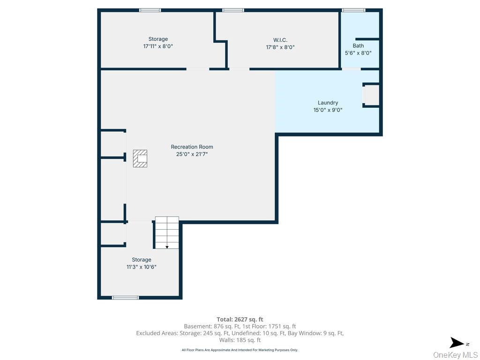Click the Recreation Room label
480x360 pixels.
tap(192, 147)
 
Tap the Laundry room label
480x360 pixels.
tap(328, 103)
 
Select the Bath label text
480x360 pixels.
tap(358, 45)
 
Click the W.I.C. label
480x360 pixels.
tap(280, 39)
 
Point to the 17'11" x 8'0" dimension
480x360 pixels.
tap(158, 46)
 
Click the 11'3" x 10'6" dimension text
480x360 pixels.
tap(141, 267)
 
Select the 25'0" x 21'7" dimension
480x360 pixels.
tap(192, 154)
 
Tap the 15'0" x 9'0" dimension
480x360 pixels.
tap(328, 110)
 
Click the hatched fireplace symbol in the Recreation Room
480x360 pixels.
tap(140, 158)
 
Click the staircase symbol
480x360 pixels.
tap(167, 231)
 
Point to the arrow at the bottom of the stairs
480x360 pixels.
tap(167, 247)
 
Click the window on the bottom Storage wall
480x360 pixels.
tap(125, 297)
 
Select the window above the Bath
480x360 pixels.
tap(353, 10)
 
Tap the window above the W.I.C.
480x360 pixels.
tap(233, 10)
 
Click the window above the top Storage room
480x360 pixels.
tap(150, 10)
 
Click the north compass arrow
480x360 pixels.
tap(457, 343)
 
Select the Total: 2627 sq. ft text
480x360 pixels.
tap(240, 319)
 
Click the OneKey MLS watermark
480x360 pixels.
tap(455, 355)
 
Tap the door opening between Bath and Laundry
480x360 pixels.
tap(351, 69)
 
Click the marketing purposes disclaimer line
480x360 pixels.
tap(240, 350)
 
